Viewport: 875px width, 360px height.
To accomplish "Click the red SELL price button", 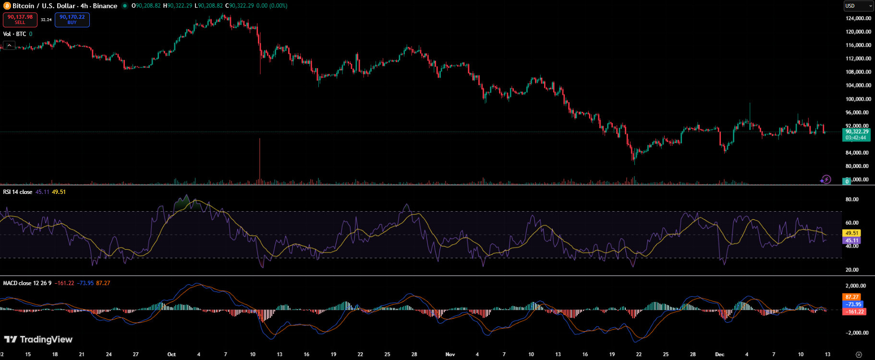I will [20, 19].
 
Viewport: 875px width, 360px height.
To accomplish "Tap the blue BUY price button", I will [72, 19].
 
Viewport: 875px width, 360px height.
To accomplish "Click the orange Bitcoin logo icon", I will [7, 6].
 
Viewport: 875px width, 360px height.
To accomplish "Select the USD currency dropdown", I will [858, 6].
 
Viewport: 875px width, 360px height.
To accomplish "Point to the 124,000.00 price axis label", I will [858, 18].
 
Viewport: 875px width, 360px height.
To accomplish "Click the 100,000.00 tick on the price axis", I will [858, 99].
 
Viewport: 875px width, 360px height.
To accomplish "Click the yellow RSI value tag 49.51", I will [852, 233].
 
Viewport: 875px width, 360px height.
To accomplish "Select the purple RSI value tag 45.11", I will [852, 240].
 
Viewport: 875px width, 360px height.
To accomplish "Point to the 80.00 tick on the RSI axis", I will [852, 199].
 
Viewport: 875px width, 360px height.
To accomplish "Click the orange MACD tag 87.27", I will [852, 297].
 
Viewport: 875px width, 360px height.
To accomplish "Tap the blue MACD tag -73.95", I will [853, 304].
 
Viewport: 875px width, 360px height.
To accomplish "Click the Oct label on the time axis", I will [171, 354].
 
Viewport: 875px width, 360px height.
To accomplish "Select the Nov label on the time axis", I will [450, 354].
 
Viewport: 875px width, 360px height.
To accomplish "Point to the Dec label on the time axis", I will [719, 354].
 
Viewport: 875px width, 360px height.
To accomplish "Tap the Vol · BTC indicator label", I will [14, 34].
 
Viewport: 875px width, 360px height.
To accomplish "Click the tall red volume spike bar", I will [260, 161].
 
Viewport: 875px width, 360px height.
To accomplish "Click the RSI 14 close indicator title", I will [18, 192].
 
